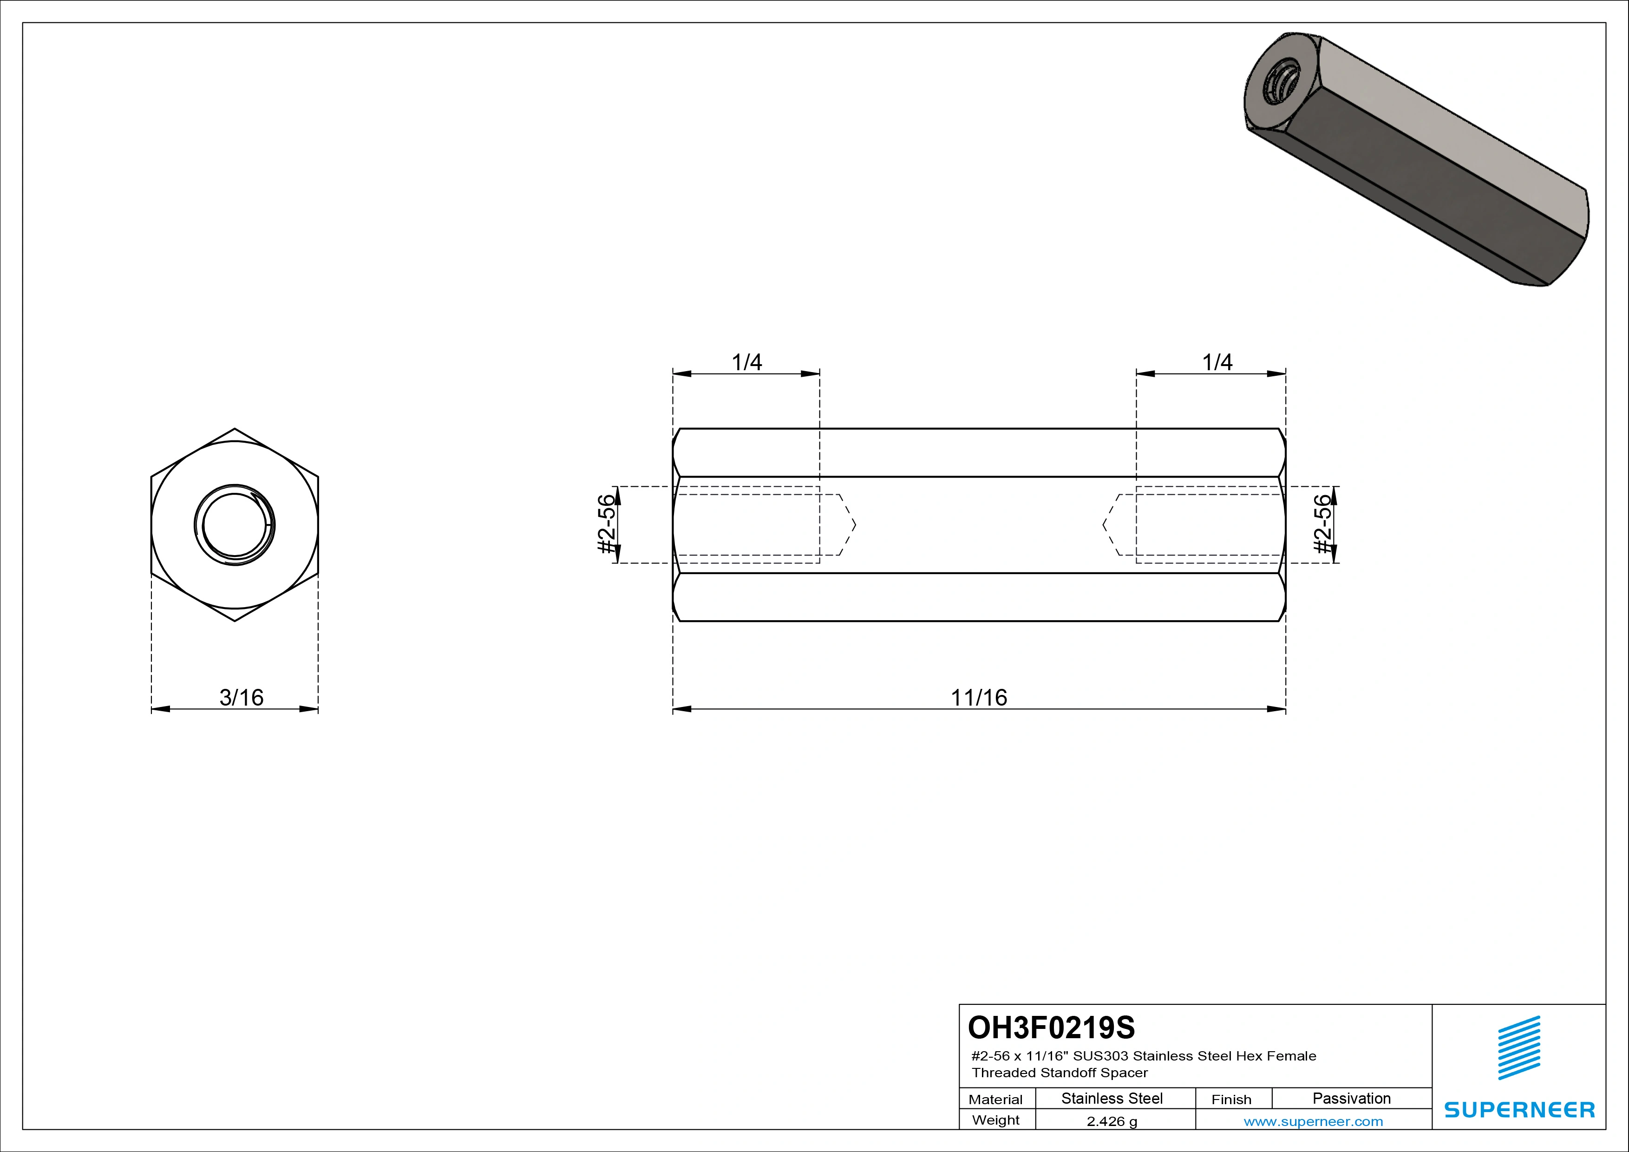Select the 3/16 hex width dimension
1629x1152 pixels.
[x=241, y=698]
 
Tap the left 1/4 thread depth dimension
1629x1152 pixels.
[x=746, y=362]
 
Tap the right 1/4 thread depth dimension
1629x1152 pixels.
[x=1217, y=362]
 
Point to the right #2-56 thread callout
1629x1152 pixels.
[x=1322, y=524]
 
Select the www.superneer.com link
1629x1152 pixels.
[x=1313, y=1121]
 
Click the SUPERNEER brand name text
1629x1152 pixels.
[x=1519, y=1109]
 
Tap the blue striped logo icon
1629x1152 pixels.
[x=1519, y=1048]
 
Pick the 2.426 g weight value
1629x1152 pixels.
[x=1112, y=1121]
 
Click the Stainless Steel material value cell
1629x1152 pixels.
[x=1112, y=1098]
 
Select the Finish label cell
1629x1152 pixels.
[x=1232, y=1099]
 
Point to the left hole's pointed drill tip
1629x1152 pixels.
[x=847, y=525]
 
